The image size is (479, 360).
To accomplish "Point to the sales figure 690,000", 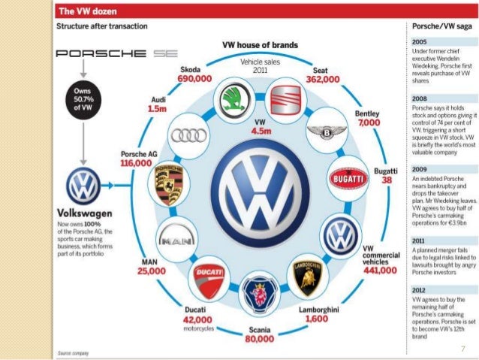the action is point(194,77).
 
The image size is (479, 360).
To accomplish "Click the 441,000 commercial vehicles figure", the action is point(380,270).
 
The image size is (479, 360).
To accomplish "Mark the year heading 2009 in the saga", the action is point(420,170).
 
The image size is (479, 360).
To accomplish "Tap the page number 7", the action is point(463,348).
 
